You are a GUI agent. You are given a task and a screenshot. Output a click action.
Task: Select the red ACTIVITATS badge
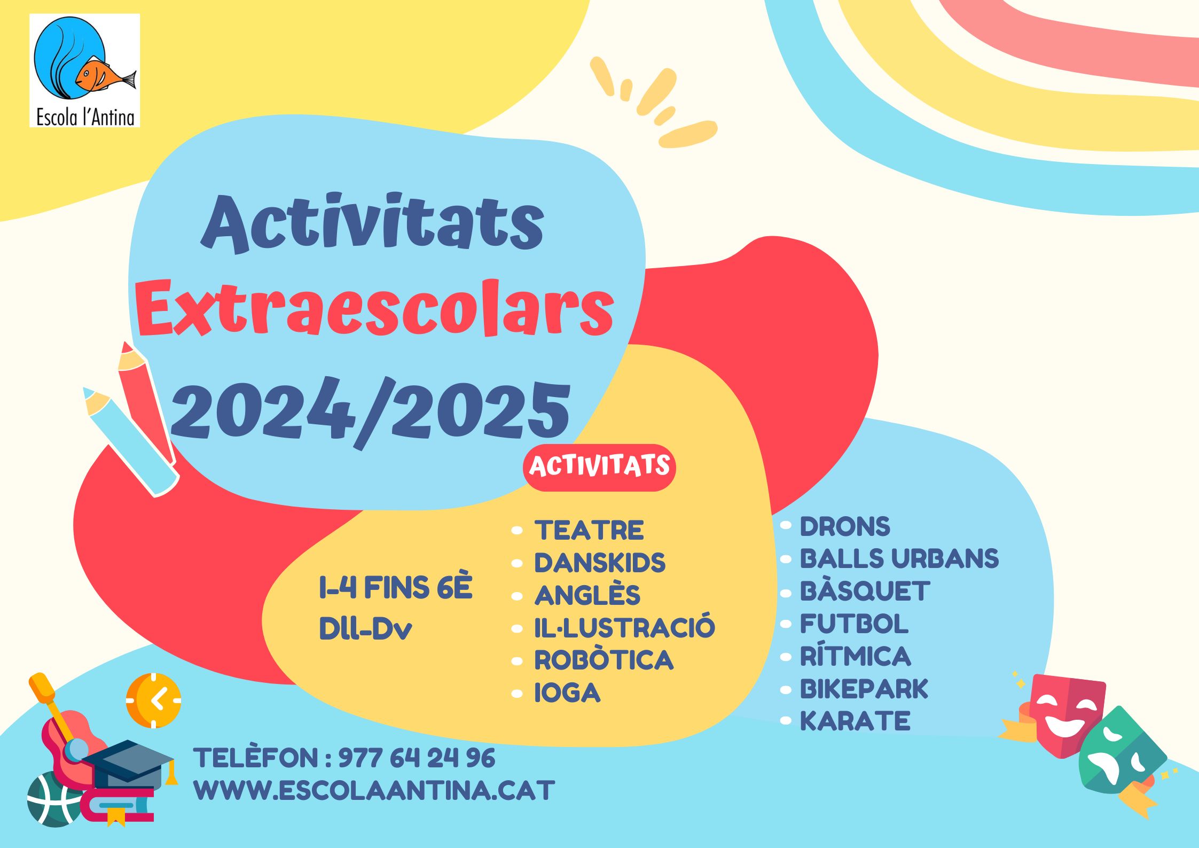tap(599, 467)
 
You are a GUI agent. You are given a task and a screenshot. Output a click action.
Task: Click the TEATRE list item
tap(589, 530)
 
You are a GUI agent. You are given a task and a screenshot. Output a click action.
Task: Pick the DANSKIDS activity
tap(600, 563)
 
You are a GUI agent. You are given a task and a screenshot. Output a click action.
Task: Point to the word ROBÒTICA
tap(604, 660)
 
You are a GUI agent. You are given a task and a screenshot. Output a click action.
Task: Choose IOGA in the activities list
tap(568, 693)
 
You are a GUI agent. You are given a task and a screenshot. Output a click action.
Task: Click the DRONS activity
tap(845, 526)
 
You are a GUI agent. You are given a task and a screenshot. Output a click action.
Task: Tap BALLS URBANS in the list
tap(899, 558)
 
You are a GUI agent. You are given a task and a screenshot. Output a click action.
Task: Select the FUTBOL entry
tap(854, 624)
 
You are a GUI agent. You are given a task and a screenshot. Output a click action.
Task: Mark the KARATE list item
tap(855, 721)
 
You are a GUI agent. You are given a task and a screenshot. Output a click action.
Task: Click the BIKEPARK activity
tap(864, 689)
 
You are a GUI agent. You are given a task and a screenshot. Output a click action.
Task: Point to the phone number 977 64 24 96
tap(417, 758)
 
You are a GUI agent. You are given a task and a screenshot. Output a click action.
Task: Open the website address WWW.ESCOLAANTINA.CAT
tap(374, 791)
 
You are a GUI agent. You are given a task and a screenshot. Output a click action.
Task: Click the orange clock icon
tap(154, 700)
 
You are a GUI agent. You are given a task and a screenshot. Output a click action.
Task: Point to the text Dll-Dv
tap(365, 629)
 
